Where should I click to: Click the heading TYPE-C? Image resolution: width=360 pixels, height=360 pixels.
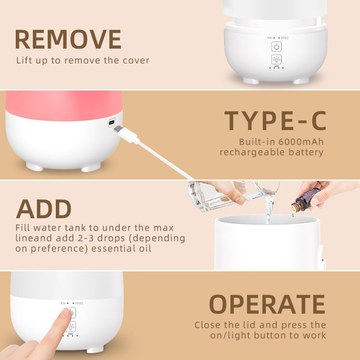pyautogui.click(x=275, y=121)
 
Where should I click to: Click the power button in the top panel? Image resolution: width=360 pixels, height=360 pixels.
pyautogui.click(x=276, y=47)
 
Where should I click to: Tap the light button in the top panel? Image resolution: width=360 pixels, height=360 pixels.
pyautogui.click(x=276, y=60)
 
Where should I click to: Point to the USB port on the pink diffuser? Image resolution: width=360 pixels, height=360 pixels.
pyautogui.click(x=111, y=122)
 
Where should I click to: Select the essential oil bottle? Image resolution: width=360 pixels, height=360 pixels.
pyautogui.click(x=305, y=200)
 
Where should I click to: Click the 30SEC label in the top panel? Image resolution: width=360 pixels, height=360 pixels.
pyautogui.click(x=284, y=38)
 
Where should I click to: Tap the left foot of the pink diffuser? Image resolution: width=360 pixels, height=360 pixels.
pyautogui.click(x=35, y=167)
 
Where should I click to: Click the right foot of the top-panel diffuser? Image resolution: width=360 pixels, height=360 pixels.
pyautogui.click(x=301, y=81)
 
